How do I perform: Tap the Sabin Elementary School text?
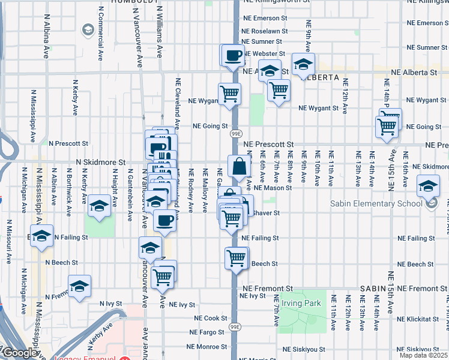click(376, 203)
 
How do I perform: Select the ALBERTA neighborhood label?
click(320, 78)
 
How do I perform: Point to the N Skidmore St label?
click(100, 162)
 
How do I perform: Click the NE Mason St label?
click(273, 188)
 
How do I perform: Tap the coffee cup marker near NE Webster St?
click(233, 56)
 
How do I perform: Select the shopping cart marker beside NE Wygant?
click(229, 94)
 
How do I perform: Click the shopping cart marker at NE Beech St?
click(236, 259)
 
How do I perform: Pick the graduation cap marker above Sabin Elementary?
click(428, 186)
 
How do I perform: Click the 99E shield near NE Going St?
click(237, 133)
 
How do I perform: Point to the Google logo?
click(19, 353)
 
